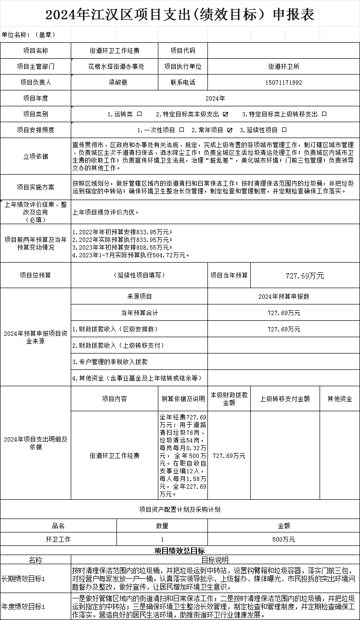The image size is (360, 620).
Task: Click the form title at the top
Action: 180,14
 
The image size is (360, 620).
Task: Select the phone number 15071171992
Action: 283,82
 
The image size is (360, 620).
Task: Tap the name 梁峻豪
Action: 118,82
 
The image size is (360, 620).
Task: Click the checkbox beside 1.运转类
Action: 140,114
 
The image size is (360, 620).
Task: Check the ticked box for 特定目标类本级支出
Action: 225,114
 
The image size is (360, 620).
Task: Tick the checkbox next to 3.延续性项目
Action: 284,130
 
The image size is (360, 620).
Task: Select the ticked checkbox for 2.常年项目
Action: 230,130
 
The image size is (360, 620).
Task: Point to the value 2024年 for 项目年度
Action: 215,98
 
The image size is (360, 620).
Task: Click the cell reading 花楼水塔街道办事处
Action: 116,67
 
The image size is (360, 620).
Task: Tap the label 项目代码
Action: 183,51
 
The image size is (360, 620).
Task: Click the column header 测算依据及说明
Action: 183,399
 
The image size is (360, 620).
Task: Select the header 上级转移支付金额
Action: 285,399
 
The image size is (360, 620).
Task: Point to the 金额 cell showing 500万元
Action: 283,539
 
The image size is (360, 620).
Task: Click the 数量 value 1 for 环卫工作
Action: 162,539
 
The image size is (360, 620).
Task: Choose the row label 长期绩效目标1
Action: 24,579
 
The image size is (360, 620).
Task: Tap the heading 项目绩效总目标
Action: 180,551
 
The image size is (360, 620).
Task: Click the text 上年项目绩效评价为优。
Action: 105,212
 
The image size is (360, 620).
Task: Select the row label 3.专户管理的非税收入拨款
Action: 110,361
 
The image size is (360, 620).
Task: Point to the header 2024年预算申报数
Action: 283,296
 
